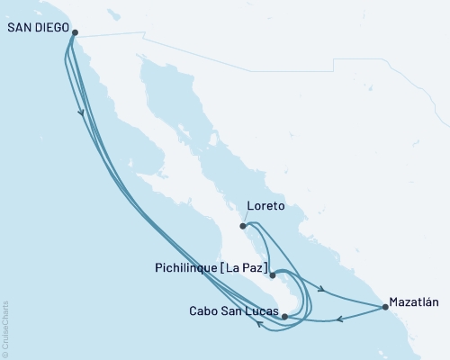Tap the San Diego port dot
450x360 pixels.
click(x=75, y=33)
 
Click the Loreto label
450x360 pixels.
click(x=265, y=206)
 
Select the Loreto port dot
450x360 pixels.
click(x=244, y=227)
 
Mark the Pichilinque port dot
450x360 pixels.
click(x=272, y=275)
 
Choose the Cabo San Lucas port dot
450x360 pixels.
click(x=284, y=316)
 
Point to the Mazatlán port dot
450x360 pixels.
click(x=385, y=307)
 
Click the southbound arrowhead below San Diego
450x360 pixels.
click(x=83, y=112)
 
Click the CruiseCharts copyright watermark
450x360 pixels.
click(x=5, y=328)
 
